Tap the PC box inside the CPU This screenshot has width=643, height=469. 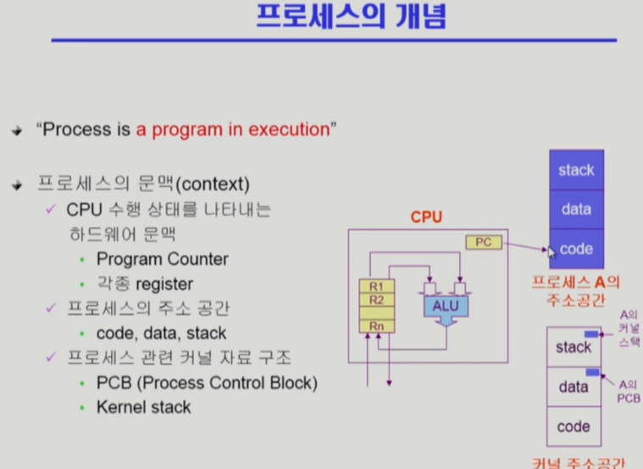483,243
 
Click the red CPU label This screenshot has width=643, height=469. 426,218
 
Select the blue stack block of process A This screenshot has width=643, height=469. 576,170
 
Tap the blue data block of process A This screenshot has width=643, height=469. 576,209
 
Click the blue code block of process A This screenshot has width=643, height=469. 576,249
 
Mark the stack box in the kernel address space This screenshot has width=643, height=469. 574,347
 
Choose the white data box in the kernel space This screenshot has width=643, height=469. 574,387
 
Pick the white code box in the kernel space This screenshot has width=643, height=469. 574,427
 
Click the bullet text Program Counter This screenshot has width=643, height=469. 162,259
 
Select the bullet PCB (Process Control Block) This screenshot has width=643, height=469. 207,383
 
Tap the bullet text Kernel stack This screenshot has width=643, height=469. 143,407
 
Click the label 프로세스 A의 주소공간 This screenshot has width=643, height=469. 576,290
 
